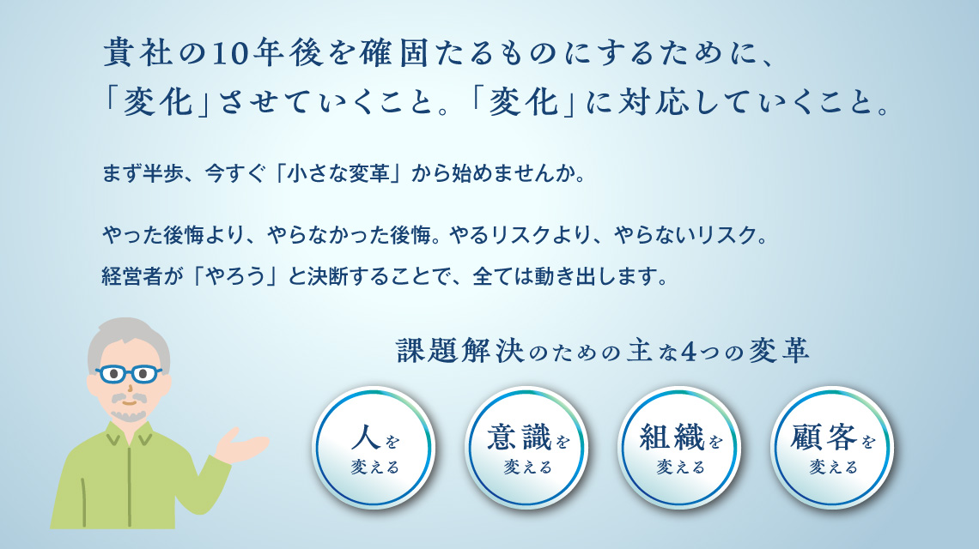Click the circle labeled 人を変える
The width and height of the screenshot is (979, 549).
click(374, 447)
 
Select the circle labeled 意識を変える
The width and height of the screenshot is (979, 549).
click(526, 447)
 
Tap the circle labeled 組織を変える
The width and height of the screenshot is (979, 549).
click(679, 447)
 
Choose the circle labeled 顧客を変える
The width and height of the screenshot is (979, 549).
click(832, 447)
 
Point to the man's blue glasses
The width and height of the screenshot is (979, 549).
click(128, 374)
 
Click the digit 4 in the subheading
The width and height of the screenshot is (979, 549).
click(687, 353)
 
